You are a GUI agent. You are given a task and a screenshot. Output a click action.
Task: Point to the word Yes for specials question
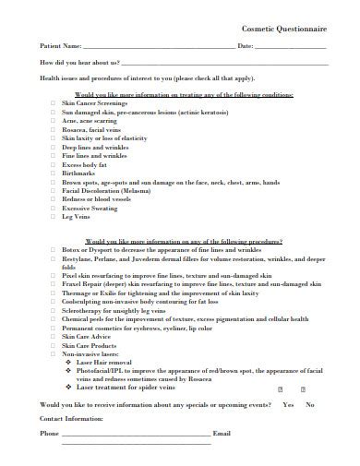tap(289, 405)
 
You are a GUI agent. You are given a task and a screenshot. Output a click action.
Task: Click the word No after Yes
tap(309, 405)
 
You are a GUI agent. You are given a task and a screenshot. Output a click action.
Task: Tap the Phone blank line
tap(135, 433)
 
